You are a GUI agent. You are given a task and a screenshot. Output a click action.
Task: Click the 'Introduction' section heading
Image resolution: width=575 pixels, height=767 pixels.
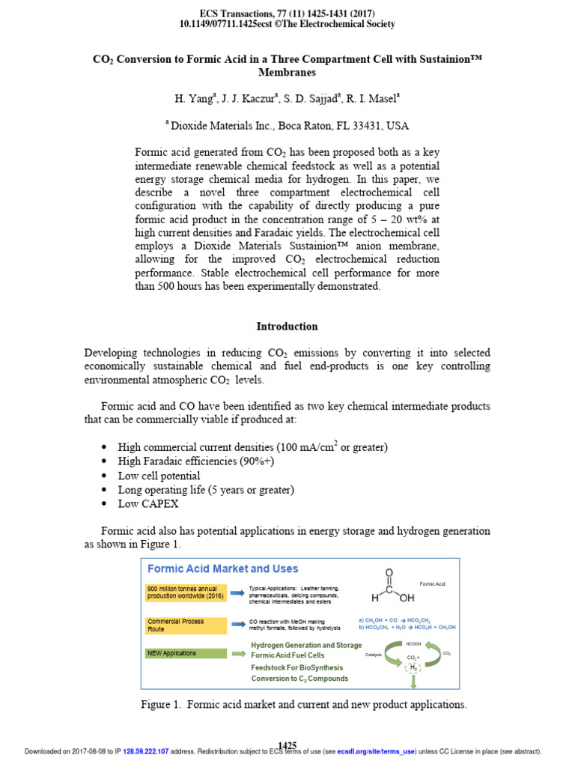287,327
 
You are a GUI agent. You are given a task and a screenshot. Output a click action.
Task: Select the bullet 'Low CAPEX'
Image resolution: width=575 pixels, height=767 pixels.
149,504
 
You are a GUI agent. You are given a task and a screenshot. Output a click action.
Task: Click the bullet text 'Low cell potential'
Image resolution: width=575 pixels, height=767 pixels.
159,476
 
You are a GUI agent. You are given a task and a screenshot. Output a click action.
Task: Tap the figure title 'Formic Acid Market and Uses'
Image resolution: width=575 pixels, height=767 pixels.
222,569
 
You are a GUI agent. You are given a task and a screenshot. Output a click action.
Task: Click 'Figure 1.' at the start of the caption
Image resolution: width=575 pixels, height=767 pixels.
162,705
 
